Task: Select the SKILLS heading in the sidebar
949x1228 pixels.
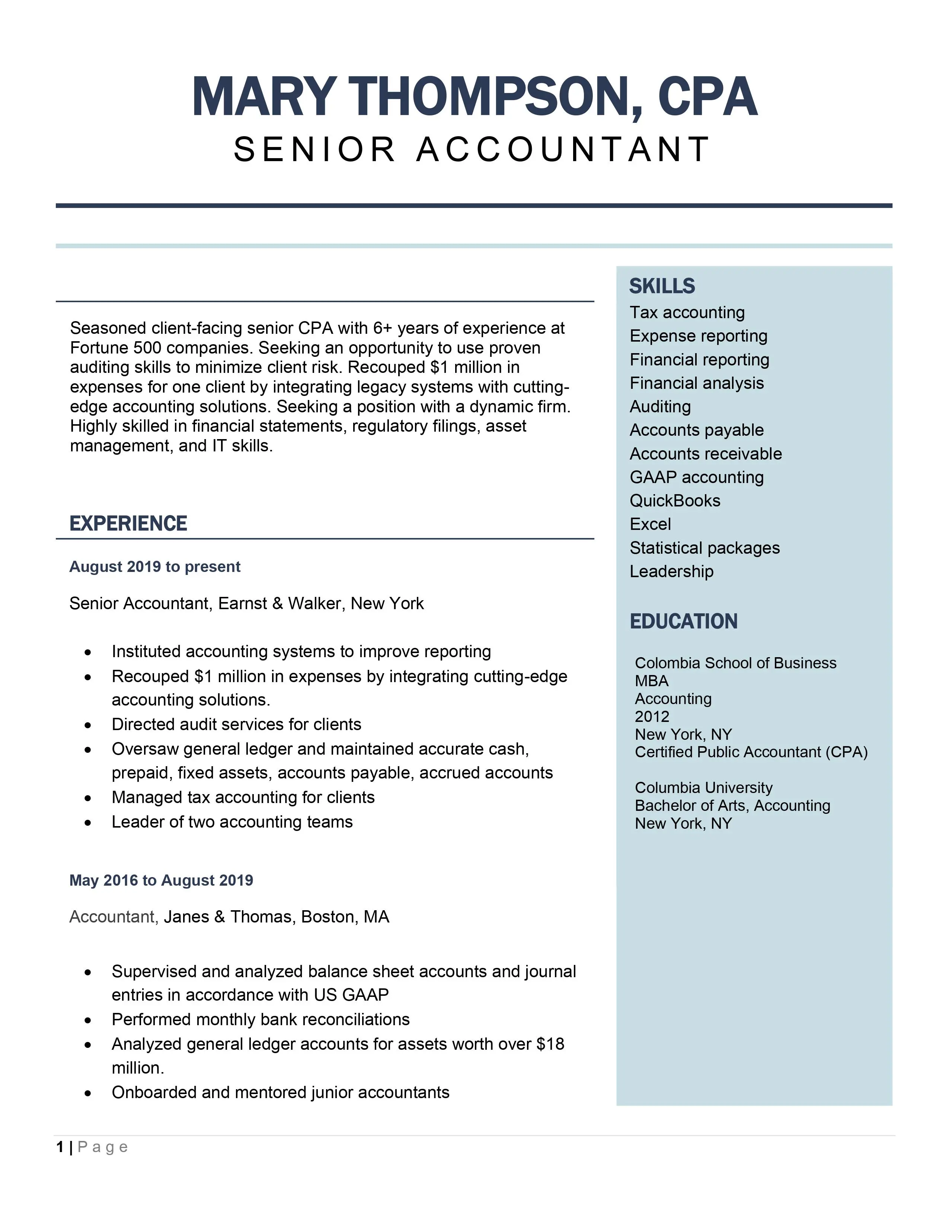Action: [662, 286]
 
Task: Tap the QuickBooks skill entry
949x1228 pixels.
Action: [675, 501]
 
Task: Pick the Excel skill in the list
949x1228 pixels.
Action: [650, 524]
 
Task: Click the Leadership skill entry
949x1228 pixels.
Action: [671, 571]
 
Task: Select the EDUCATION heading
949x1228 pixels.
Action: [683, 621]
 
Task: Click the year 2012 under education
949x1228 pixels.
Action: [652, 716]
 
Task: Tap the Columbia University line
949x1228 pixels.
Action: [703, 787]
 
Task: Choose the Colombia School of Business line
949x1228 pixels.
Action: [735, 663]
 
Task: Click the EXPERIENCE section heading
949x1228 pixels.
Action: [128, 524]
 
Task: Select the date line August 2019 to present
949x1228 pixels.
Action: [154, 567]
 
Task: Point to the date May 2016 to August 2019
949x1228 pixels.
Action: [161, 880]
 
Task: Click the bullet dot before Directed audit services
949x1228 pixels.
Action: [88, 725]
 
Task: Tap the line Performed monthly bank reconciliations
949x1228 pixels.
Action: [260, 1019]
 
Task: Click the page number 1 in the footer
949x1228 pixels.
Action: [60, 1147]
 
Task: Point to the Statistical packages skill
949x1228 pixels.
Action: [704, 548]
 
